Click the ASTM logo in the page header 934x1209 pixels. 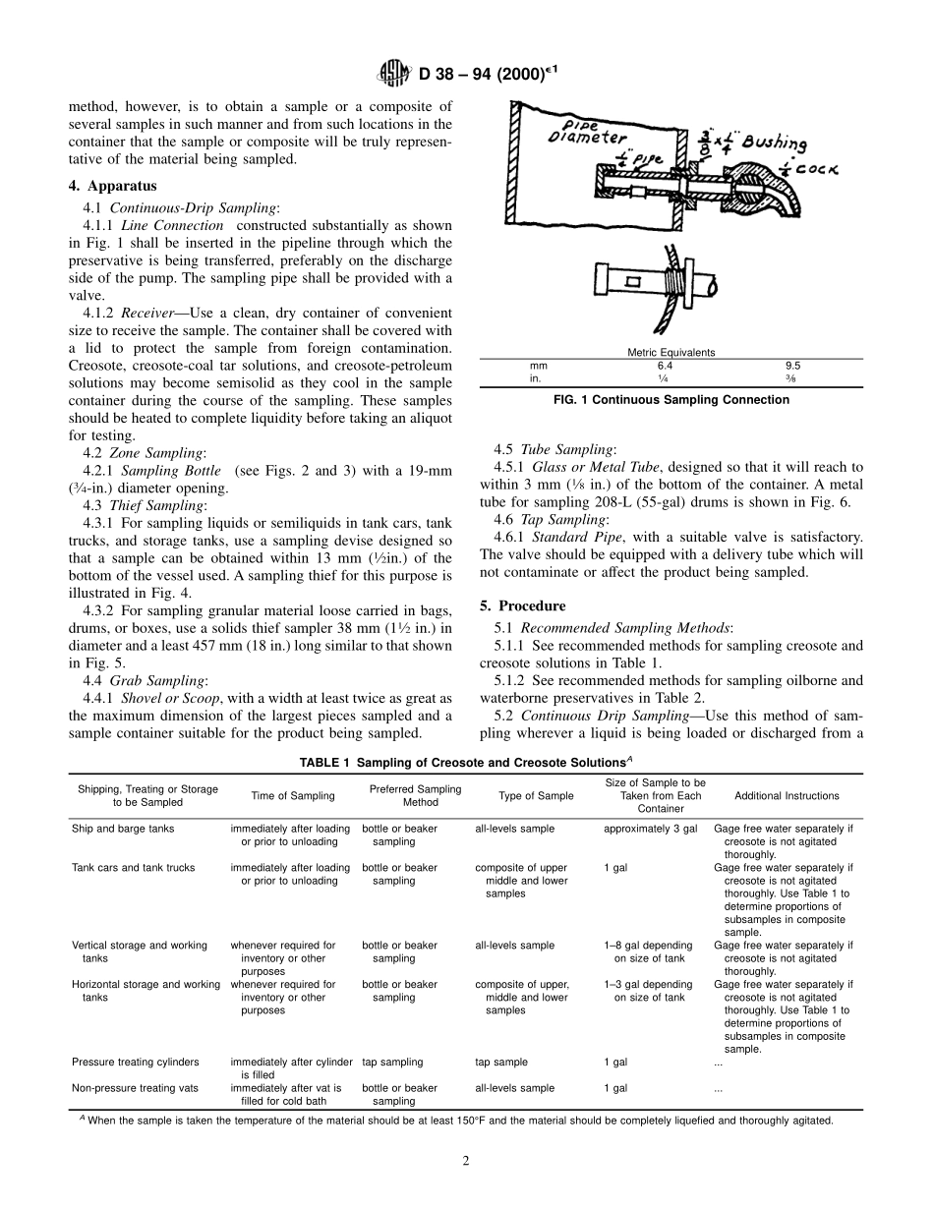tap(394, 73)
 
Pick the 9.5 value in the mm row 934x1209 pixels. tap(792, 365)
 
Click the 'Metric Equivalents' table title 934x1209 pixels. tap(671, 352)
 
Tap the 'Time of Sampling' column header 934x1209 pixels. tap(292, 796)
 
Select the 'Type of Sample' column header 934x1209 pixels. tap(536, 796)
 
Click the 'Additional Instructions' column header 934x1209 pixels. tap(787, 796)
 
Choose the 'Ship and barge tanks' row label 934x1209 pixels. tap(123, 829)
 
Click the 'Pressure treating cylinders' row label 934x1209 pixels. tap(136, 1062)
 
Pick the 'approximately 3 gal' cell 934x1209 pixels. tap(650, 829)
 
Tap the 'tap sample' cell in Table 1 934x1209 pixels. tap(500, 1062)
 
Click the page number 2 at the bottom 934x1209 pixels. tap(466, 1161)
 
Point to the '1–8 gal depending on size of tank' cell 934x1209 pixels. tap(649, 951)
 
